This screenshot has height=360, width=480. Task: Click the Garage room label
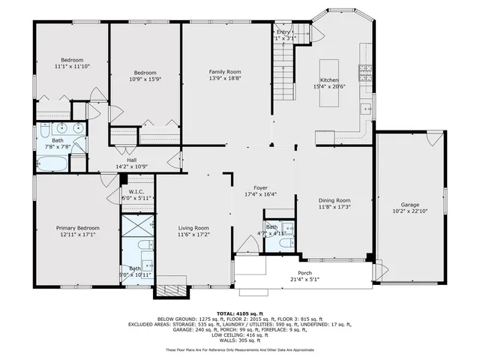pos(409,204)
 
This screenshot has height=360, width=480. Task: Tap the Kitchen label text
pos(330,79)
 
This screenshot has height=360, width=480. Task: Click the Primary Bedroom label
pos(77,227)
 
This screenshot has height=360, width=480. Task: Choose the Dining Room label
pos(334,200)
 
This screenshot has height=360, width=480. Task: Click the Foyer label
pos(260,187)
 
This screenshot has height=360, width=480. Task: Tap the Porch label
pos(304,272)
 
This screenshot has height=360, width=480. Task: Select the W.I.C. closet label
pos(136,191)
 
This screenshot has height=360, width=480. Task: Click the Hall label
pos(131,160)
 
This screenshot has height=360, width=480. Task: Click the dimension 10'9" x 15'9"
pos(145,79)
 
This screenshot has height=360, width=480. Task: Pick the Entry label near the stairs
pos(283,32)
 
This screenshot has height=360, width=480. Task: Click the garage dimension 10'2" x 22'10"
pos(409,211)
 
